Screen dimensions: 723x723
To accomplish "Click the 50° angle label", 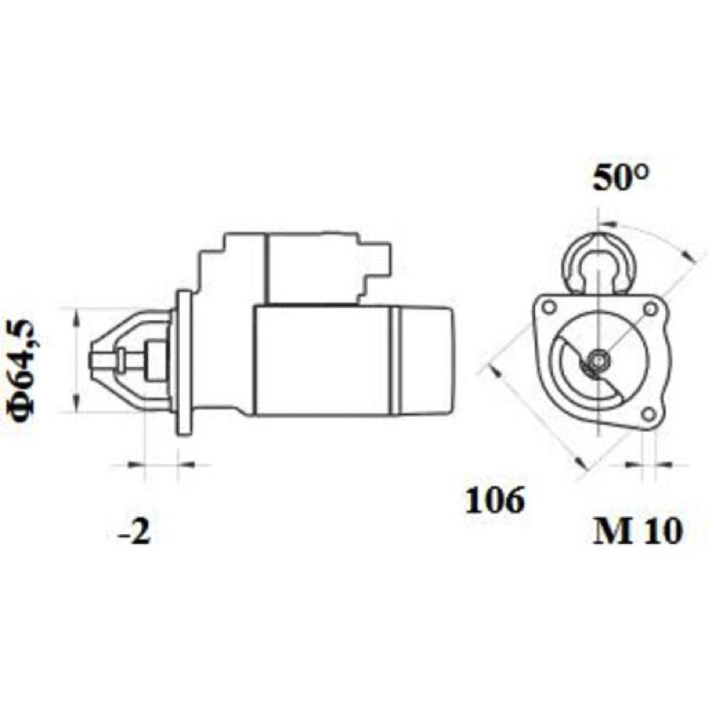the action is coord(621,177).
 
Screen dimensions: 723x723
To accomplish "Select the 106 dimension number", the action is coord(494,500).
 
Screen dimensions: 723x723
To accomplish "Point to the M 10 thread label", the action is coord(637,531).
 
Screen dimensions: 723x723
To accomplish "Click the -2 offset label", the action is coord(134,532).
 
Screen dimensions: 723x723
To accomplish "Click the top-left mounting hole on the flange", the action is coord(549,306).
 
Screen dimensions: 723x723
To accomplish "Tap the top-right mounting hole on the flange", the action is coord(650,308).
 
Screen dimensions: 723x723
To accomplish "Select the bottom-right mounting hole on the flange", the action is coord(648,414).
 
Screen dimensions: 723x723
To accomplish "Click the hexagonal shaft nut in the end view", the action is coord(597,359).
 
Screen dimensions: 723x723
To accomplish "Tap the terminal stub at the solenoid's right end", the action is coord(384,259).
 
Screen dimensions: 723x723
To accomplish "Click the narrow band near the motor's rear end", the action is coord(396,361).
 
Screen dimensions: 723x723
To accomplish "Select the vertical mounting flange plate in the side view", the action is coord(185,362).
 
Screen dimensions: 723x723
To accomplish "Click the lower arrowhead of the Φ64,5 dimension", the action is coord(77,403).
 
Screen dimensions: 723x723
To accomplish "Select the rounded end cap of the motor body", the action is coord(426,361).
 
